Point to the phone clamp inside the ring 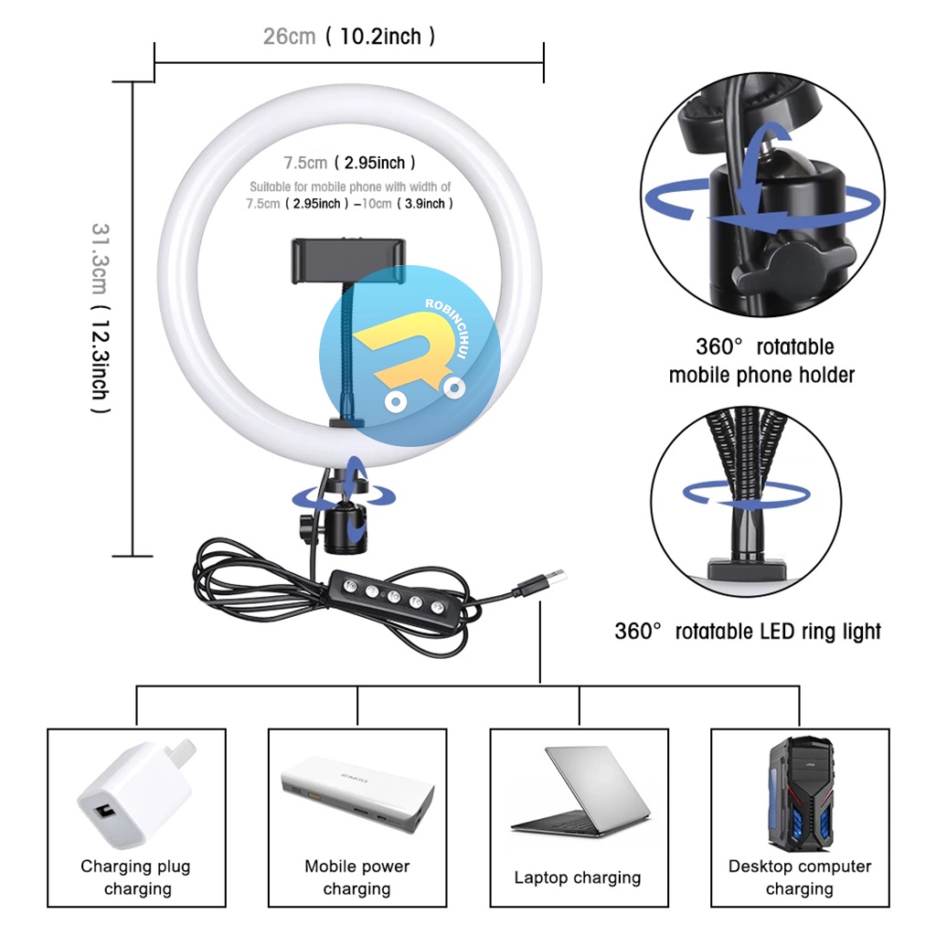pos(347,260)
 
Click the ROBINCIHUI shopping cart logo pos(409,356)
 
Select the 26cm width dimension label pos(349,37)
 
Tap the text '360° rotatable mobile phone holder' pos(762,361)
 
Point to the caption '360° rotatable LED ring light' pos(748,632)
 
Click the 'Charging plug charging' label pos(136,877)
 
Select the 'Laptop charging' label pos(578,877)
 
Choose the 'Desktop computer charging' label pos(800,877)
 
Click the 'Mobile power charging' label pos(357,877)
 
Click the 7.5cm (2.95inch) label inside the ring pos(349,163)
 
